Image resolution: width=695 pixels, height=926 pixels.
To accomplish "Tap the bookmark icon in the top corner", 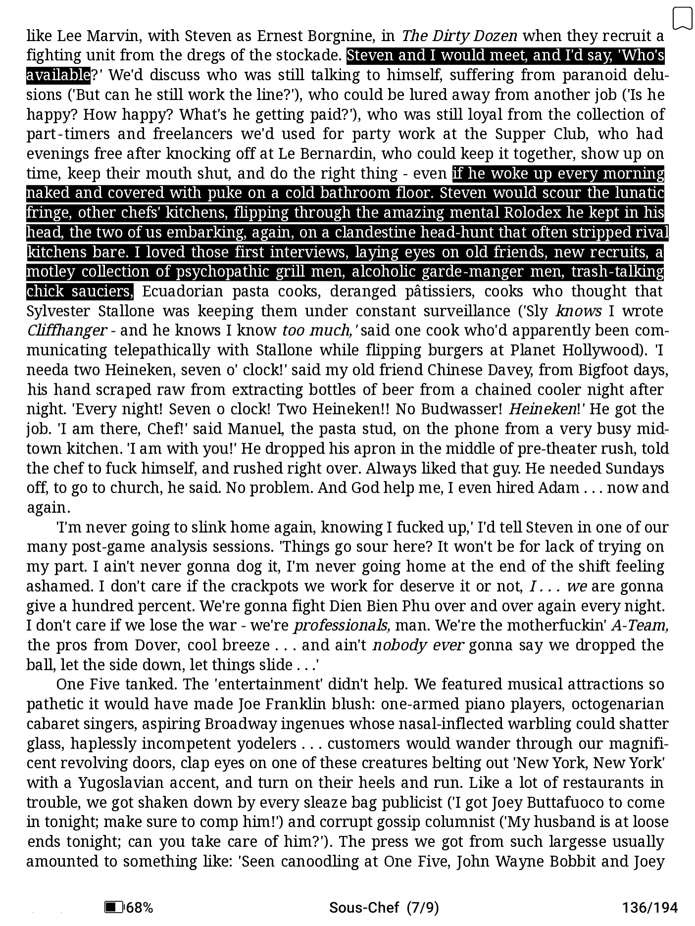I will [x=682, y=18].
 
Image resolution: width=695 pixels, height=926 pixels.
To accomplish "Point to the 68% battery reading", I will [x=140, y=907].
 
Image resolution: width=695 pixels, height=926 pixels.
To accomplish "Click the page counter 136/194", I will [x=649, y=907].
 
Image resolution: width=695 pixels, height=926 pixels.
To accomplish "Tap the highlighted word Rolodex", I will [x=531, y=213].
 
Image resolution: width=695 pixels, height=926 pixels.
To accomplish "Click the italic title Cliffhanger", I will [x=67, y=330].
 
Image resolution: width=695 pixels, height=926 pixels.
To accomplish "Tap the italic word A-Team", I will [x=640, y=626].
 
